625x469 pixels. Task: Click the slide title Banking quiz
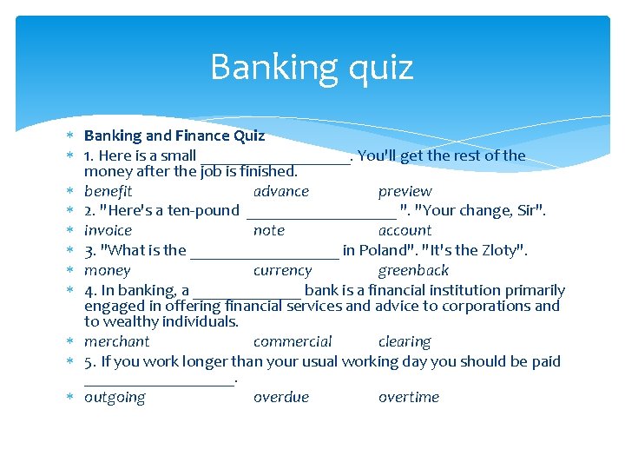point(312,67)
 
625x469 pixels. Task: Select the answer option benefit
point(108,191)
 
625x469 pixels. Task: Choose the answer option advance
point(280,191)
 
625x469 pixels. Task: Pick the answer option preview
point(405,191)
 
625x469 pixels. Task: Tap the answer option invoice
point(108,230)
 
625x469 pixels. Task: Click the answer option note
point(268,230)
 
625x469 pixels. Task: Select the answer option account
point(405,230)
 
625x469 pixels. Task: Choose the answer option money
point(107,270)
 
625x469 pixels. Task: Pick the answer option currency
point(282,270)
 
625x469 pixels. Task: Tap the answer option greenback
point(413,270)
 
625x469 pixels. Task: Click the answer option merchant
point(116,341)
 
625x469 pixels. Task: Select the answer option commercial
point(293,341)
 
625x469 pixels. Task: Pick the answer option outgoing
point(115,397)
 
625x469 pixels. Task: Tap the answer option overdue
point(280,397)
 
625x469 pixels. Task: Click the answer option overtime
point(408,397)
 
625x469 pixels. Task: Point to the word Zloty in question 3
point(496,250)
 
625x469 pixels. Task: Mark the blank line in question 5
point(160,381)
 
